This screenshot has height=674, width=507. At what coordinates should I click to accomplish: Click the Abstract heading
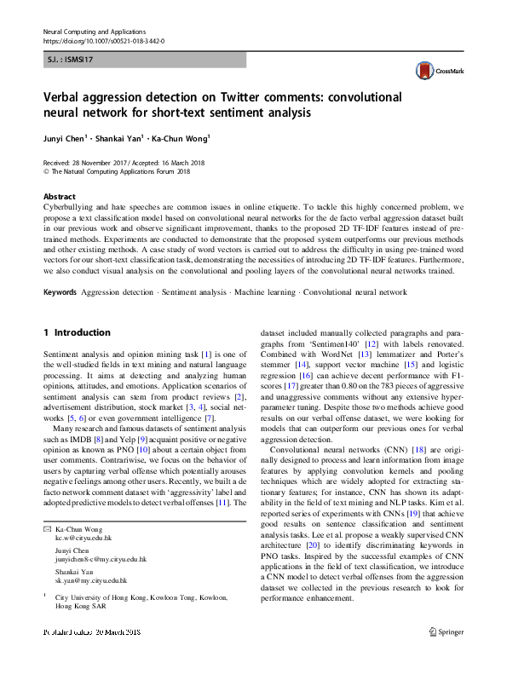click(59, 196)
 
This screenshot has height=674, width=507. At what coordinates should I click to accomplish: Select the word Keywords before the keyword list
click(60, 292)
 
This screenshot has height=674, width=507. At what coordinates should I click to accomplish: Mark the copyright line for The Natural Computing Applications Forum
click(117, 170)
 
